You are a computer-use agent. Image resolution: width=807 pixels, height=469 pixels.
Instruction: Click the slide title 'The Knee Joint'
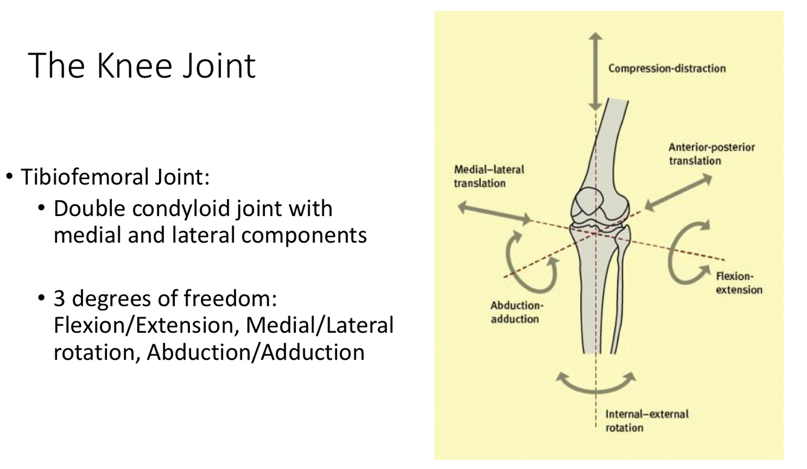click(142, 65)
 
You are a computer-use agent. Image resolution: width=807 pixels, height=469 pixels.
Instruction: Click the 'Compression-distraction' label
click(667, 68)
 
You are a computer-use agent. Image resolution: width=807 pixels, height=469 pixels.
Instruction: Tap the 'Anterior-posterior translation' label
click(711, 154)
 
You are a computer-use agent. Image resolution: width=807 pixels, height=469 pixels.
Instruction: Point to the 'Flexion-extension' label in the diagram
click(739, 283)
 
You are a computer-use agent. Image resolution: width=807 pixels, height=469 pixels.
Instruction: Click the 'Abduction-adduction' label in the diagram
click(514, 312)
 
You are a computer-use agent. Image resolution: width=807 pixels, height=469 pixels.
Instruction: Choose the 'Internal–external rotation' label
click(647, 421)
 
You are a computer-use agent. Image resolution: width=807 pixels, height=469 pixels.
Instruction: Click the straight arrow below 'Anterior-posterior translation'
click(678, 192)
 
